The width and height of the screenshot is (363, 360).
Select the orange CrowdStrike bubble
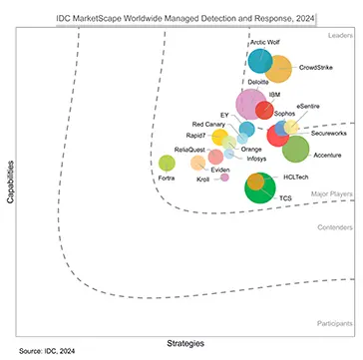click(279, 69)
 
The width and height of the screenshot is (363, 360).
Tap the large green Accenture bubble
click(295, 149)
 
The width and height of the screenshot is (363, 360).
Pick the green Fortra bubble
click(168, 163)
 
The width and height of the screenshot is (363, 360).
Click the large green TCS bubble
click(261, 185)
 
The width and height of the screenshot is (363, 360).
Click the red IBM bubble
click(265, 111)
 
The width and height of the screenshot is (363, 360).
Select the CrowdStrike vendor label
click(314, 68)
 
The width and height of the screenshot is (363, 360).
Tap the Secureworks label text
click(329, 133)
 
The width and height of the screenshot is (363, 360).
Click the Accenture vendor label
click(327, 156)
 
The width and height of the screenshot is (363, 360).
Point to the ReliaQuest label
click(189, 149)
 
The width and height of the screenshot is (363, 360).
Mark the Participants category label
click(331, 297)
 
